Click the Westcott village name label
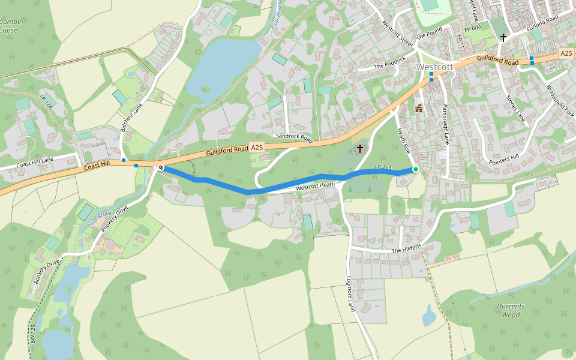(434, 67)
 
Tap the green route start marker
(416, 170)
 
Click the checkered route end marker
(161, 168)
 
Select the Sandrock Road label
(294, 137)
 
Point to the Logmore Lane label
(352, 293)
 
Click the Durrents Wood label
(511, 310)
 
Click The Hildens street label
(407, 248)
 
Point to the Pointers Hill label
(504, 159)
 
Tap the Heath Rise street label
(403, 139)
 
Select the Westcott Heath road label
(315, 187)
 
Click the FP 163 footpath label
(383, 167)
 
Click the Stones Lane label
(515, 108)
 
